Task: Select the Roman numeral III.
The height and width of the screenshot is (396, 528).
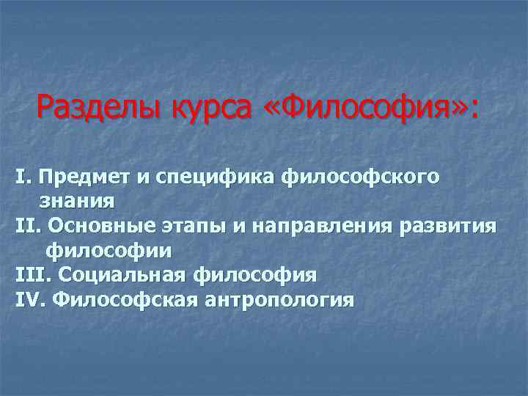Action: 32,275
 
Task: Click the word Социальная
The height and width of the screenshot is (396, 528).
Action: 122,275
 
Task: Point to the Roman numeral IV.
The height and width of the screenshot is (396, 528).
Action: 31,300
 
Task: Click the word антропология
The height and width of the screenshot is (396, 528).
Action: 277,300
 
